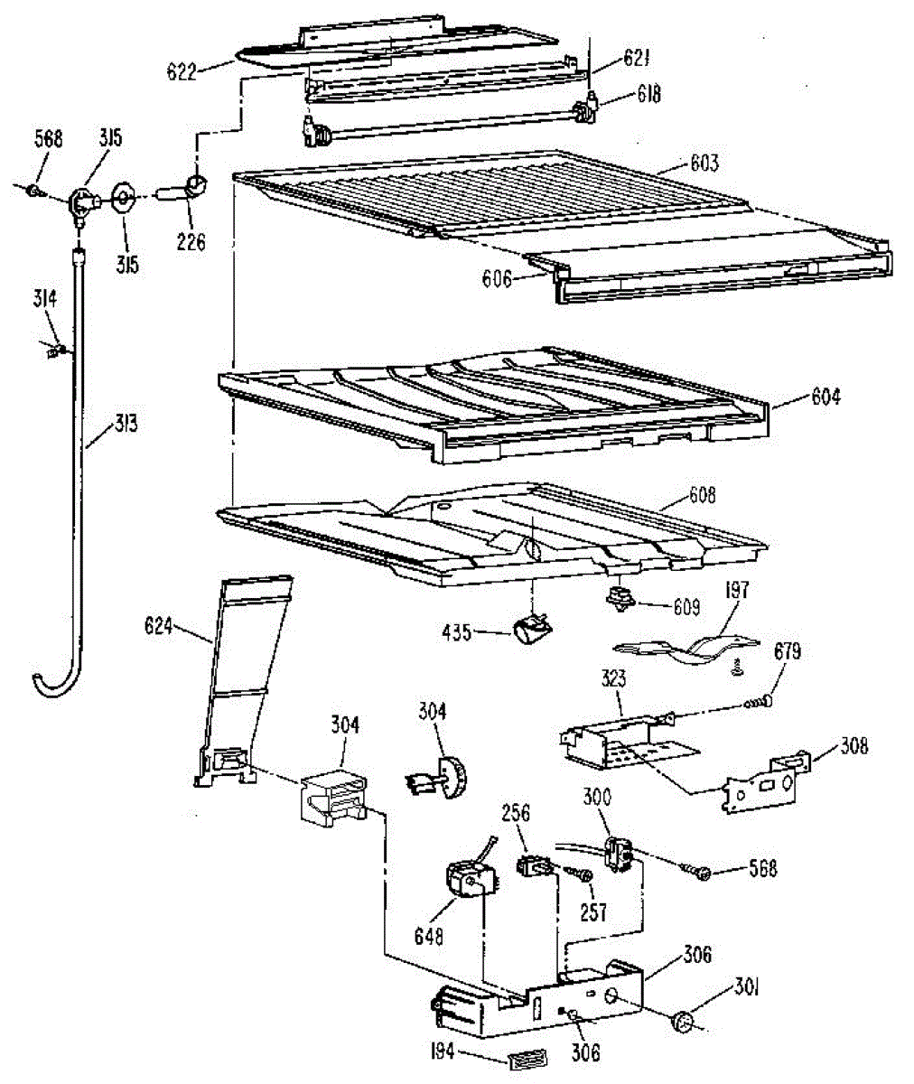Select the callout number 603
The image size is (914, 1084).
(x=704, y=164)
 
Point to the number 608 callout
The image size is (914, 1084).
(x=701, y=495)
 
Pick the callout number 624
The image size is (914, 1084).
(x=160, y=624)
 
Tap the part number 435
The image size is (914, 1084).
(x=458, y=632)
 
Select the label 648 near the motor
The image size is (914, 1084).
(x=429, y=936)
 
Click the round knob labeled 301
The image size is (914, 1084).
(x=684, y=1022)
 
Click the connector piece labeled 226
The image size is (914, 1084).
(x=192, y=188)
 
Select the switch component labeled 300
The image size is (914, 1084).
(x=618, y=854)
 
